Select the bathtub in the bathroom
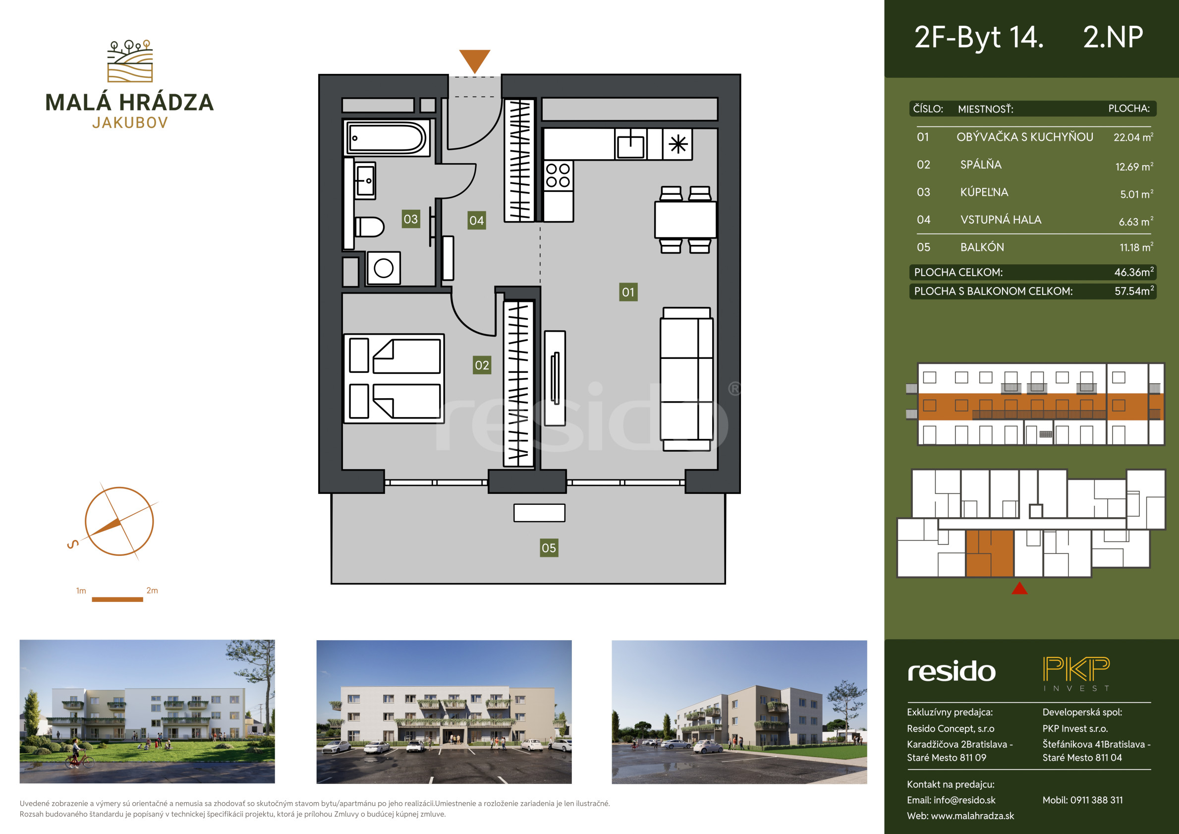point(386,138)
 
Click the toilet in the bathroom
point(369,227)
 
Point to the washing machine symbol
point(384,268)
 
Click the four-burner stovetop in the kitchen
point(558,175)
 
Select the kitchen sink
point(630,144)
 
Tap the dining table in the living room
point(685,220)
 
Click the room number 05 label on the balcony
point(549,548)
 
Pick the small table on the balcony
point(539,513)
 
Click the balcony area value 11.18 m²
point(1136,246)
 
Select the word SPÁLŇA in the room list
point(981,165)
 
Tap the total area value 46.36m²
point(1134,272)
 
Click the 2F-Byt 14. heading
point(979,37)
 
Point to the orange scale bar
point(117,599)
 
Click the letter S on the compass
point(73,543)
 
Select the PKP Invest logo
point(1076,674)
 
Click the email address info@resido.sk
point(964,800)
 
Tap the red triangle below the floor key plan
point(1019,588)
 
